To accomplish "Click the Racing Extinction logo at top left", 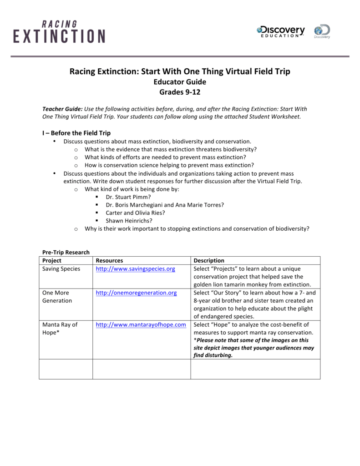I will click(59, 31).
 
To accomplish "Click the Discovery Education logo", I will click(281, 31).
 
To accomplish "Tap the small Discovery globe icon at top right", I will click(322, 31).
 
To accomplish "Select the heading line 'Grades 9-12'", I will click(180, 92).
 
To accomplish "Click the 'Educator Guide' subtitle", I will click(180, 82).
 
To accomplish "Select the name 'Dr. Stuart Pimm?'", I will click(128, 197).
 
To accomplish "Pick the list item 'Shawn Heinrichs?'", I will click(129, 221).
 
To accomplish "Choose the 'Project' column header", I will click(52, 261).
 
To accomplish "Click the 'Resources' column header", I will click(109, 261).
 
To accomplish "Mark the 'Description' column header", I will click(209, 261).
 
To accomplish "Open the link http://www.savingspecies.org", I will click(135, 269).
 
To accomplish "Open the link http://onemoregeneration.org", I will click(136, 293).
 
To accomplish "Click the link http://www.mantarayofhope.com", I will click(141, 325).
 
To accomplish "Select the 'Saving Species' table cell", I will click(61, 269).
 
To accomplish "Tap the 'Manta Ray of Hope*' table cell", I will click(60, 329).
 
